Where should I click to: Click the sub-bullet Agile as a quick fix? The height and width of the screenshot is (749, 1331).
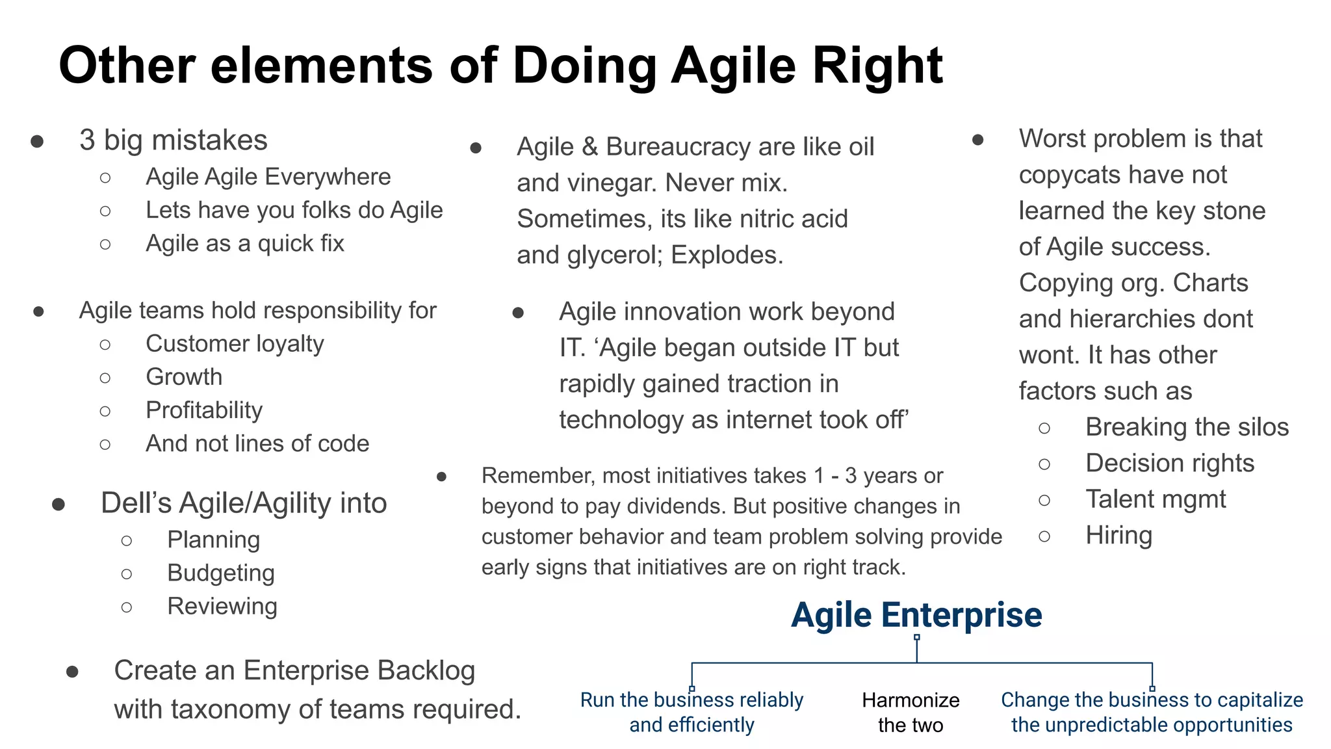(244, 244)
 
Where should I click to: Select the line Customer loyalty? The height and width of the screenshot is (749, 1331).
(234, 344)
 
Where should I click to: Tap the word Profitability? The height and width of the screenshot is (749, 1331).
(204, 410)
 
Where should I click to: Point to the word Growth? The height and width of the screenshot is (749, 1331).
(184, 377)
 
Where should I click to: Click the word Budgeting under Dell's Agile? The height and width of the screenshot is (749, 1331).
(221, 573)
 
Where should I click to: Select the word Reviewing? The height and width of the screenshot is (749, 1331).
(222, 607)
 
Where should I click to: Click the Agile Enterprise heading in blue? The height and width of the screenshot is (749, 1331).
(916, 615)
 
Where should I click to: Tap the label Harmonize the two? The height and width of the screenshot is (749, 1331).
(911, 713)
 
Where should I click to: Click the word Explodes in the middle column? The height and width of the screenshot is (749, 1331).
(727, 256)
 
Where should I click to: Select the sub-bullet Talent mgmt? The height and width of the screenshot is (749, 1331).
(1156, 499)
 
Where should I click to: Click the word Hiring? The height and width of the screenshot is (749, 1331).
(1118, 536)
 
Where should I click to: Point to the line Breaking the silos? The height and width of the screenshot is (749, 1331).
(1187, 427)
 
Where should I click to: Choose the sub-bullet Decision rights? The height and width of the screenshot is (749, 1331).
(1170, 464)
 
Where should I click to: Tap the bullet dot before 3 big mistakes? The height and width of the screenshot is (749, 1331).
(37, 142)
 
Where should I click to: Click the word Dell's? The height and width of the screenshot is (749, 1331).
(136, 503)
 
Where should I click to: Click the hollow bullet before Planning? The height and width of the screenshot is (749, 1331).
(127, 541)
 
